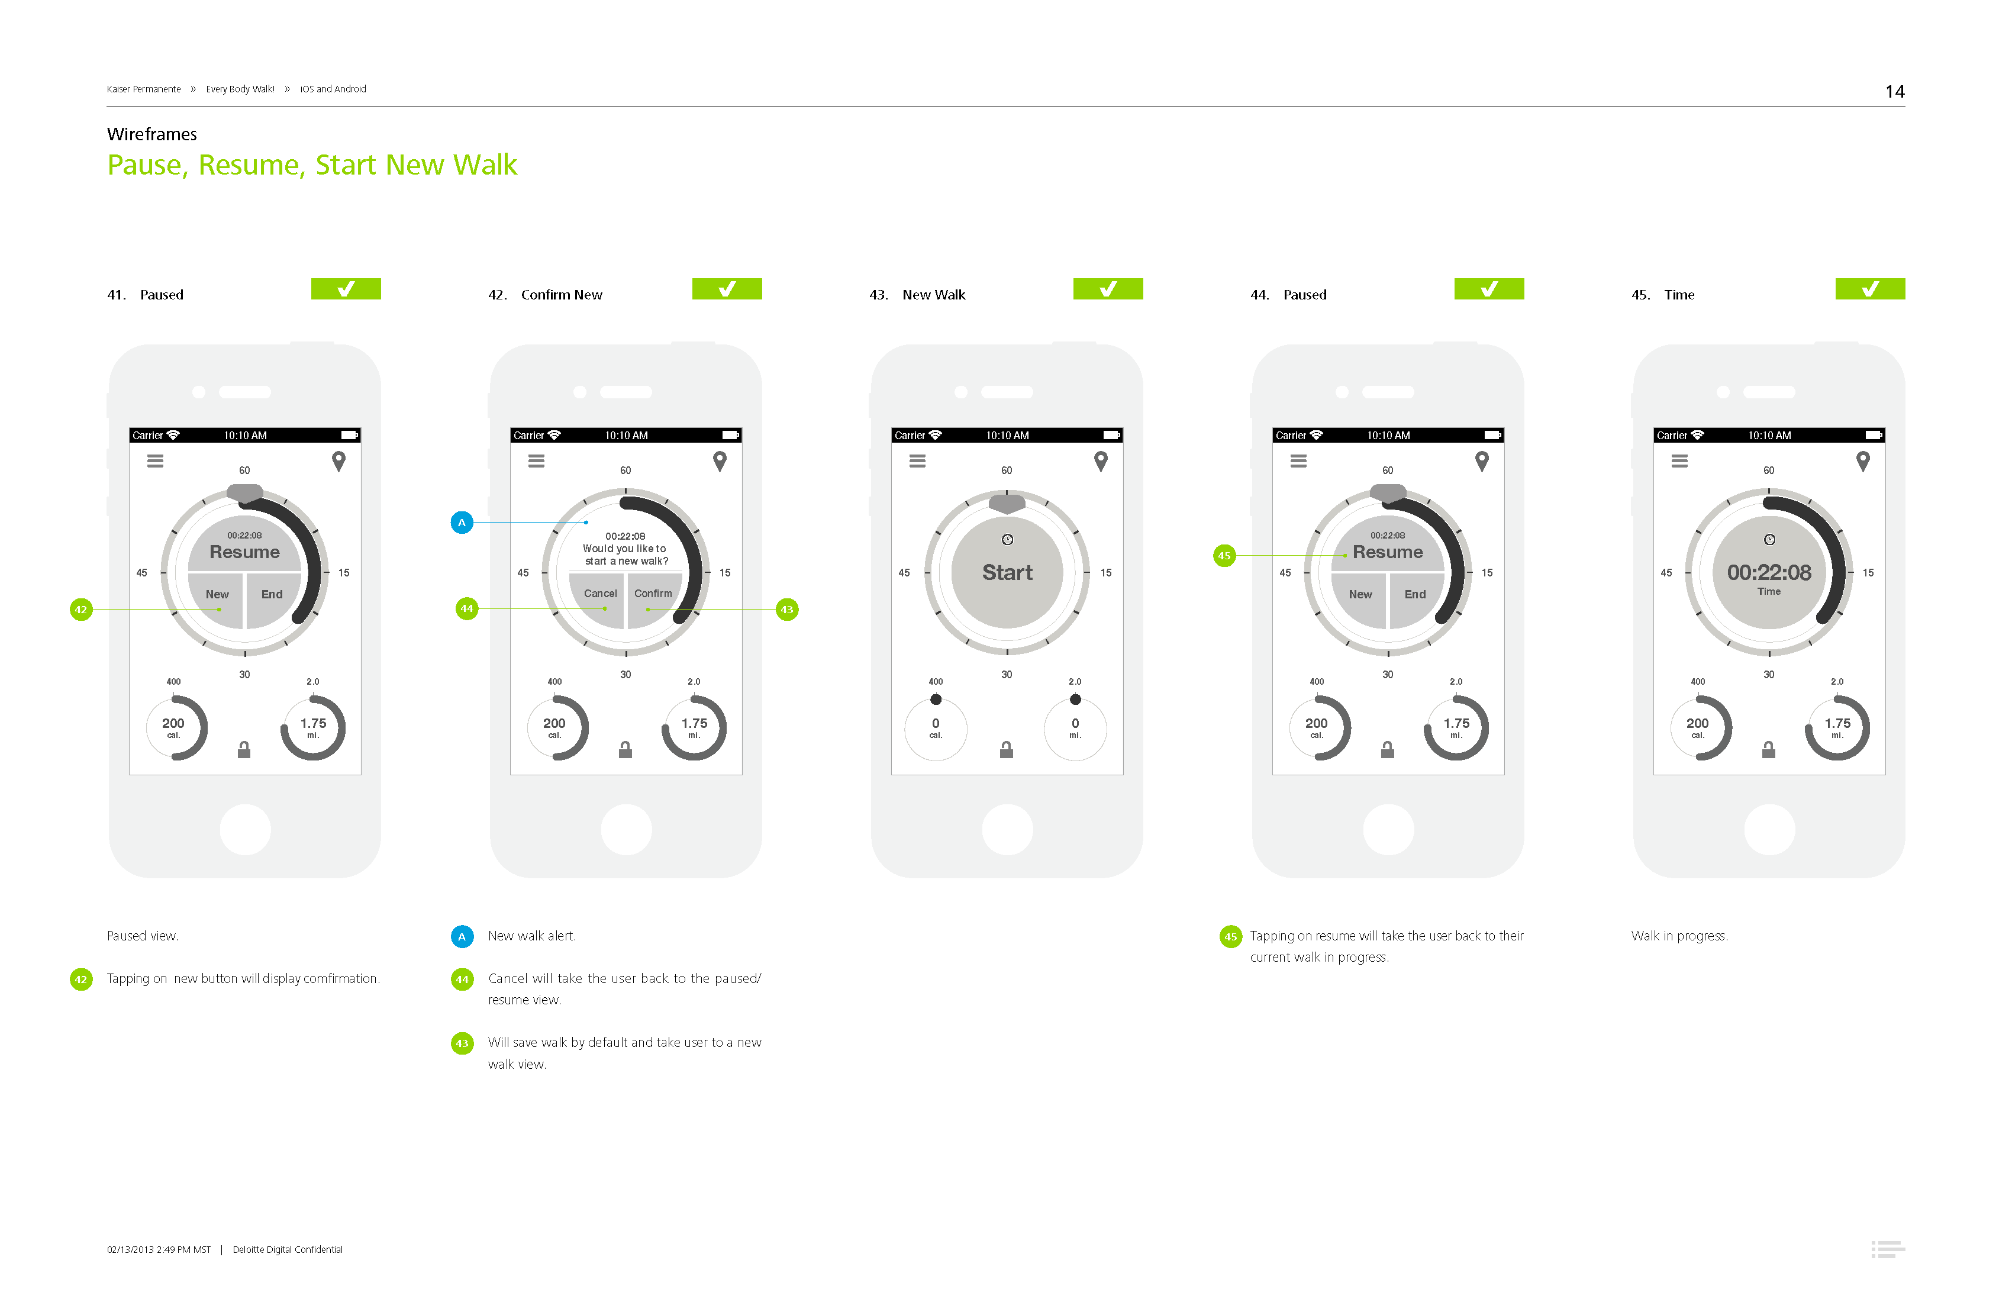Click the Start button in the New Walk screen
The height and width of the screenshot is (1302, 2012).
coord(1007,572)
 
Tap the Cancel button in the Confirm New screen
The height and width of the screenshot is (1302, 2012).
coord(599,598)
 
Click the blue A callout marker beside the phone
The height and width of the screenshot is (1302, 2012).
coord(462,523)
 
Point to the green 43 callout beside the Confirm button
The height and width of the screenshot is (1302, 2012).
coord(787,610)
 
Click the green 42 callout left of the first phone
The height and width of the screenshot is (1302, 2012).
coord(81,610)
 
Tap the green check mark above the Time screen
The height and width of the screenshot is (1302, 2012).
coord(1870,289)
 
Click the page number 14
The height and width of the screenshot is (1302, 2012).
coord(1894,91)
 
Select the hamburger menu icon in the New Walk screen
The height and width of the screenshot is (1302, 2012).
coord(917,461)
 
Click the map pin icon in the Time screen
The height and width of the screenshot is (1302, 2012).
coord(1862,461)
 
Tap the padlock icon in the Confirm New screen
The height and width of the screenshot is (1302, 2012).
coord(625,749)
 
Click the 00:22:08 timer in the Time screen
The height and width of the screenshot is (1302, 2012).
coord(1769,572)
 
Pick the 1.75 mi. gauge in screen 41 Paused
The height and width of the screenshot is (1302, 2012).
coord(313,727)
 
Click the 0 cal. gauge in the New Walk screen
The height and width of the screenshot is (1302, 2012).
coord(936,727)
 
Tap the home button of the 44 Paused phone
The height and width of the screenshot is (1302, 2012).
coord(1388,829)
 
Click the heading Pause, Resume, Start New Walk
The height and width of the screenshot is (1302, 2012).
coord(312,165)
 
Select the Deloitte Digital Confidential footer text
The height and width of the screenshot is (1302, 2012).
coord(288,1249)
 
